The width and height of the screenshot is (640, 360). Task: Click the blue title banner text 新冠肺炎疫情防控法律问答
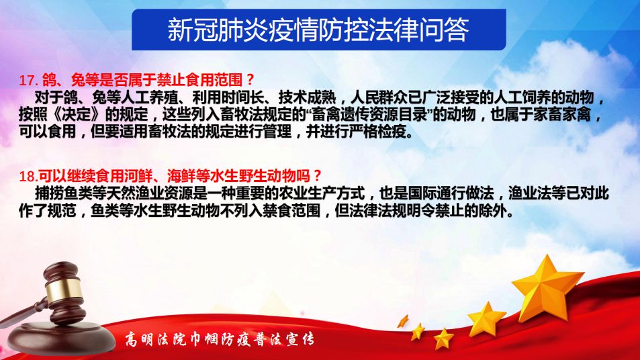pos(318,30)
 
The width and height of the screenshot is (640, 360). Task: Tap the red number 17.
pos(28,80)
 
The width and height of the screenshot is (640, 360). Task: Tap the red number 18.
pos(28,177)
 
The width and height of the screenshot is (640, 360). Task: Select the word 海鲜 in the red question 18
pos(181,177)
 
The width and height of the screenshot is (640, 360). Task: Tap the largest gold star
pos(547,287)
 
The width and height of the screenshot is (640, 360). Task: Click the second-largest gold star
pos(486,320)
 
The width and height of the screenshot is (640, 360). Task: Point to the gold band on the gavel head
pos(64,290)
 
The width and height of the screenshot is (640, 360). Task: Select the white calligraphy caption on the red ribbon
pos(220,339)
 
